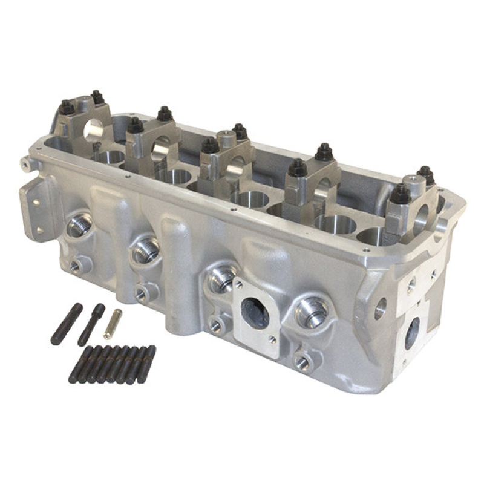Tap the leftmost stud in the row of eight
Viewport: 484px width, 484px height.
[79, 365]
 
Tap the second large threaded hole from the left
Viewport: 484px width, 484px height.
[146, 250]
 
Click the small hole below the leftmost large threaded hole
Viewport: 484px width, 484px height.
[76, 264]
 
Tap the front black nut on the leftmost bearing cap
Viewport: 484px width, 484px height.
[67, 108]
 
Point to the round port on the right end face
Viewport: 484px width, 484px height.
[412, 333]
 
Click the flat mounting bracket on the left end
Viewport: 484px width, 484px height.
[38, 209]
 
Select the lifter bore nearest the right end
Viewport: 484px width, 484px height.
[372, 236]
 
